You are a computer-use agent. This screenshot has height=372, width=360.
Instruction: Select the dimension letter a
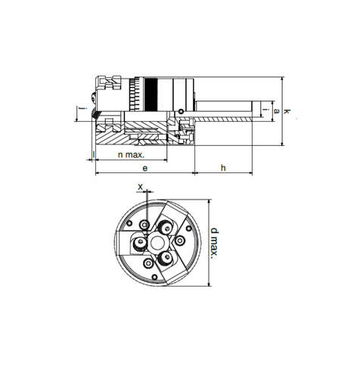277,111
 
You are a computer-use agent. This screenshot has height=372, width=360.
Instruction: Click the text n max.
131,154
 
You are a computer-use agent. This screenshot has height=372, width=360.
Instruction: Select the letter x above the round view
141,185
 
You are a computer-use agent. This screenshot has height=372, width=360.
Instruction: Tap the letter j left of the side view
81,113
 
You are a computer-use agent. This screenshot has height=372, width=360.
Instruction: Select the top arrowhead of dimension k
281,78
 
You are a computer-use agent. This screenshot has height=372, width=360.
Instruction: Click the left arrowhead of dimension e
97,173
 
